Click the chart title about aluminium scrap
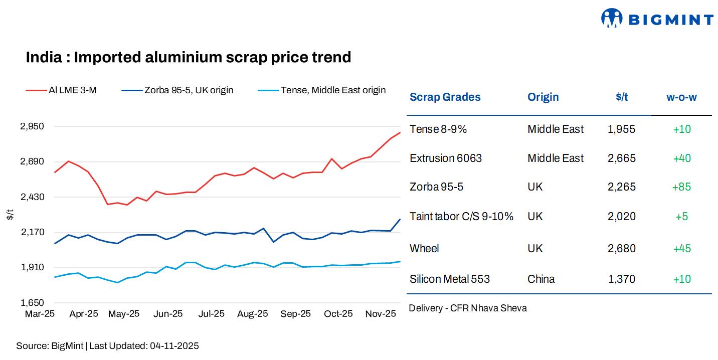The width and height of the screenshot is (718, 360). [x=188, y=57]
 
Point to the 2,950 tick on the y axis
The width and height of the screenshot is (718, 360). [x=32, y=126]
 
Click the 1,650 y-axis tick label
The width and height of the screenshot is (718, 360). [x=32, y=303]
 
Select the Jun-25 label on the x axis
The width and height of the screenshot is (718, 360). [x=167, y=314]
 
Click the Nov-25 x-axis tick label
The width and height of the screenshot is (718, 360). [x=380, y=314]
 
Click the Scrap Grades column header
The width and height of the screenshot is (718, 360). [x=445, y=97]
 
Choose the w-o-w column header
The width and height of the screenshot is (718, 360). [x=681, y=97]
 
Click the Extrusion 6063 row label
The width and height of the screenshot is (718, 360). [x=445, y=158]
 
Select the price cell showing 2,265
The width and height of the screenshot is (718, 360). [x=621, y=187]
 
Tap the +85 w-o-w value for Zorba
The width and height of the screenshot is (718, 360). [x=681, y=187]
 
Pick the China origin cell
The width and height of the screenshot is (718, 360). [x=541, y=279]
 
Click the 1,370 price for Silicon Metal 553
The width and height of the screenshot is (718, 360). [x=621, y=279]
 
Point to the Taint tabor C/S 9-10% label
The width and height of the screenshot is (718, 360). [x=461, y=217]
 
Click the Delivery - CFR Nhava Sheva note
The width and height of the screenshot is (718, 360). [x=467, y=308]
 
